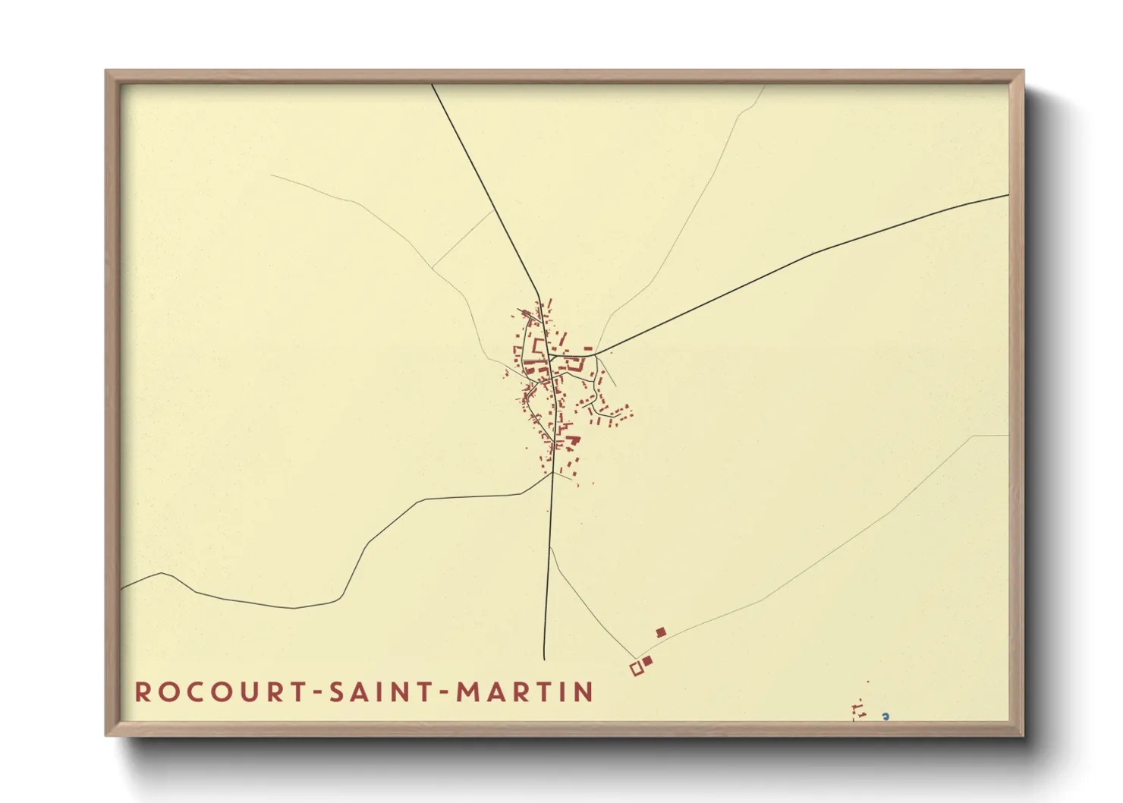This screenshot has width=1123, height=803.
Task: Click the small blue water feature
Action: coord(885,716)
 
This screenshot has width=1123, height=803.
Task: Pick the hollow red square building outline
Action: coord(637,669)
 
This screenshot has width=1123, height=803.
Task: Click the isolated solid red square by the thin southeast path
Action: coord(661,632)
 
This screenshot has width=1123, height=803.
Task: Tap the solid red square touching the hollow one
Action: coord(647,661)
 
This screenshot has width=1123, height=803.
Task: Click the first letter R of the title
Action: coord(142,691)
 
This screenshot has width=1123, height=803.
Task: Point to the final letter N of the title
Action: coord(584,691)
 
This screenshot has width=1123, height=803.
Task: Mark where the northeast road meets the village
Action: coord(596,354)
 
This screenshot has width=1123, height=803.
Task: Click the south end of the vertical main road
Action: coord(544,658)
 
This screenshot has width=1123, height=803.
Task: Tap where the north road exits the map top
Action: coord(433,85)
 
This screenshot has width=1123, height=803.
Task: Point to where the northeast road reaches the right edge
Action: coord(1008,195)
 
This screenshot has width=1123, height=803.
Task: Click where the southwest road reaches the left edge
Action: coord(122,589)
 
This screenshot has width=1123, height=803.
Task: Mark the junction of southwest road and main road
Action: coord(552,474)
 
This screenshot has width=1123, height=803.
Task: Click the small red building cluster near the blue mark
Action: coord(859,711)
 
